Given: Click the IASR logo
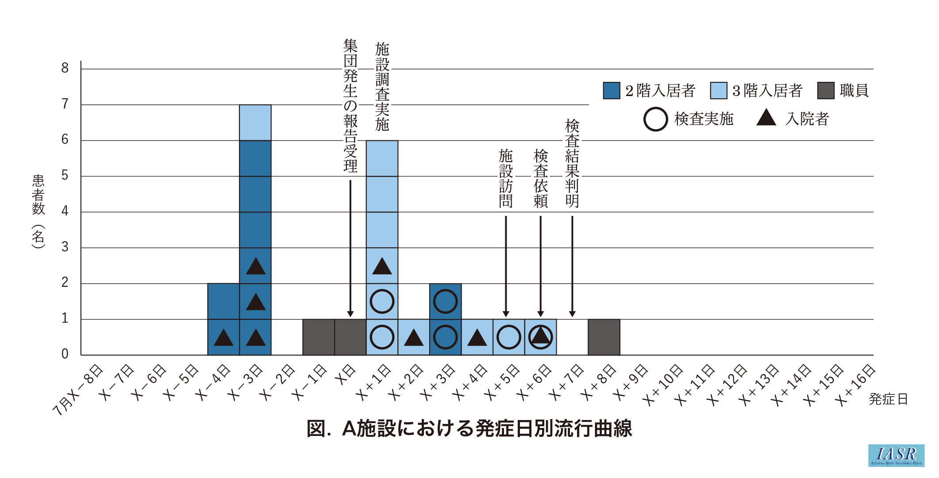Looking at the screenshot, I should click(x=896, y=455).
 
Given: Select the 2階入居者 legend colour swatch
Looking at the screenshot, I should click(x=612, y=91).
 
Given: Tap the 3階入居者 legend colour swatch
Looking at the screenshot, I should click(x=719, y=91).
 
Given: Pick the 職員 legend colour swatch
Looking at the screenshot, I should click(x=826, y=91).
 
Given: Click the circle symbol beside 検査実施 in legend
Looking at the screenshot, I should click(x=655, y=119).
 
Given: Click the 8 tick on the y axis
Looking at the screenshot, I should click(x=65, y=68).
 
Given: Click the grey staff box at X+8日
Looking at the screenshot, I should click(x=604, y=337).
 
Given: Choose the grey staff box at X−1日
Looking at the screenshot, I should click(x=319, y=337).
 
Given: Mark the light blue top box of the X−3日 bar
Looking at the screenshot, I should click(x=255, y=123).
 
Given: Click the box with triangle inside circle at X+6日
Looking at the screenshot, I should click(x=540, y=337).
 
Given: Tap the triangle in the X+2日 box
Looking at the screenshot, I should click(x=414, y=338).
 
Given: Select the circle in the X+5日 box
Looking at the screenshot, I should click(x=508, y=337).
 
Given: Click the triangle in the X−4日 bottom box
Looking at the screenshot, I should click(x=223, y=338).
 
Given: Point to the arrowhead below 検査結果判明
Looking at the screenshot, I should click(x=572, y=314).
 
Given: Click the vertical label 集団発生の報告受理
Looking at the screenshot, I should click(x=350, y=106).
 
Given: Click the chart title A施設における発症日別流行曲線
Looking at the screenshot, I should click(x=469, y=428).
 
